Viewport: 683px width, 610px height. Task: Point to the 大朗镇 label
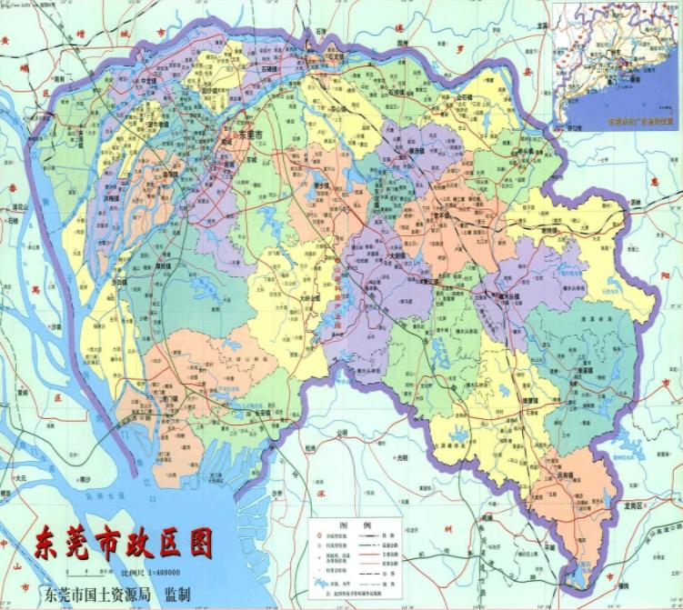(397, 256)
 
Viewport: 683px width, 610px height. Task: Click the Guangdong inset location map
(615, 63)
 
